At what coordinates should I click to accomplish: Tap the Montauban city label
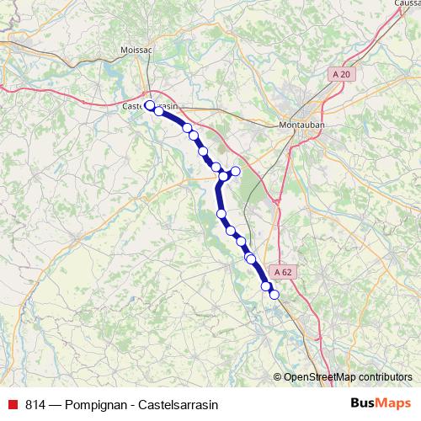[301, 124]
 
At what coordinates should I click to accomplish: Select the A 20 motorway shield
[341, 74]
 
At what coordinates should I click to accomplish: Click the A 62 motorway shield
[283, 271]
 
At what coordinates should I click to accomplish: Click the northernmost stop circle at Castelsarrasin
[150, 105]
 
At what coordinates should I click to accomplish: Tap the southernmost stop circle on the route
[274, 295]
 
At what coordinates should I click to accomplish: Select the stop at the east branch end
[236, 171]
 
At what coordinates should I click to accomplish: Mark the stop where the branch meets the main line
[223, 175]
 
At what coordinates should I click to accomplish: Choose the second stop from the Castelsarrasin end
[158, 110]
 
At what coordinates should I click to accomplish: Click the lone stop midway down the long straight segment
[222, 214]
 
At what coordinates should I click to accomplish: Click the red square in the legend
[12, 405]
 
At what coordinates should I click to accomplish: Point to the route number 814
[35, 405]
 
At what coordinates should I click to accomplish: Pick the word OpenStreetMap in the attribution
[320, 377]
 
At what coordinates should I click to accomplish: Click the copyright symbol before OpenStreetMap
[278, 377]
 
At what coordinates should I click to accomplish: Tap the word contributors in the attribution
[386, 377]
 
